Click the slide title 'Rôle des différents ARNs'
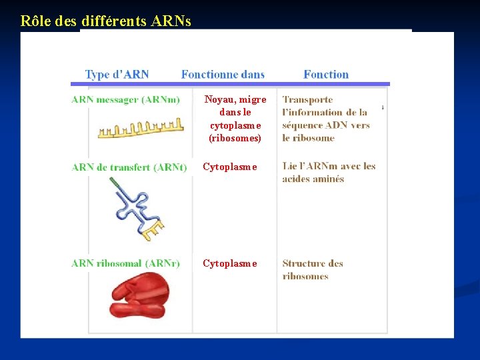105,21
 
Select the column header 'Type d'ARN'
117,75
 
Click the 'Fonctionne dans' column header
223,75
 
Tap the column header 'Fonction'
326,75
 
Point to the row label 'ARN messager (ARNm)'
125,99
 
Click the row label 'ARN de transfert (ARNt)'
129,167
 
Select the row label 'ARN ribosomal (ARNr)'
125,263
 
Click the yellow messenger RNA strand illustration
141,127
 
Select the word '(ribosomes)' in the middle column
235,138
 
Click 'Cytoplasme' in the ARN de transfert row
230,167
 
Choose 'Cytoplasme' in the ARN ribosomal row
230,263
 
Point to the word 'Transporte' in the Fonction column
307,99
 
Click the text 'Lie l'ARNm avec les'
329,166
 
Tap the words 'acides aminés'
313,179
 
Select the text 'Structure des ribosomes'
312,269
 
